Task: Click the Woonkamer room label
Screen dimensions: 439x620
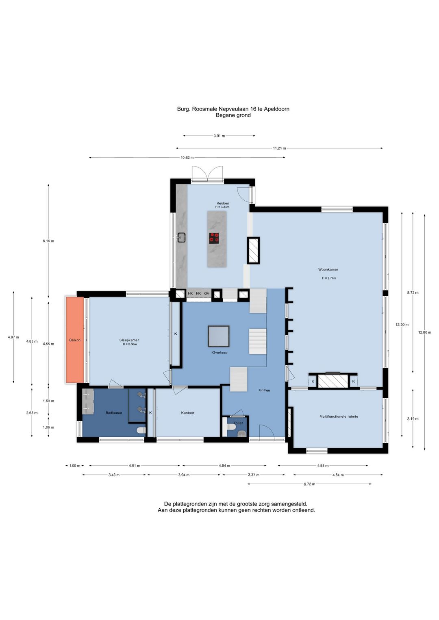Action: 328,269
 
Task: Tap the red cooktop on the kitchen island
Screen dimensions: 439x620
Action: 214,238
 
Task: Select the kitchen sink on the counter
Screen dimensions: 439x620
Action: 182,237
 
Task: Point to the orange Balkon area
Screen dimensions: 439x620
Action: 75,340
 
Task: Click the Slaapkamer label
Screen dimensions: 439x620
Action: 129,340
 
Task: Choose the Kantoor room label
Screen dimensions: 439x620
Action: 187,413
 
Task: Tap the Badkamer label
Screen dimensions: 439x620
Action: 114,413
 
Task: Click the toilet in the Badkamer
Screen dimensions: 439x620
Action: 141,430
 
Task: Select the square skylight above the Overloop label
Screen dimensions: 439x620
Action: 219,336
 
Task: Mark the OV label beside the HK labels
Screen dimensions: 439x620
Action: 206,293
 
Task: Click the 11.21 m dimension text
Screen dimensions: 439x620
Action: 280,148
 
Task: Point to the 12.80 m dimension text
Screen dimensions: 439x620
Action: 425,332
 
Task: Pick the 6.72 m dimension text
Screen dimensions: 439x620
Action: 309,484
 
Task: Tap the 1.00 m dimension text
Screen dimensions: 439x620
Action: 74,466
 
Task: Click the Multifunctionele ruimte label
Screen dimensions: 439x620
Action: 339,416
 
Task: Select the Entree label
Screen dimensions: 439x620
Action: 265,390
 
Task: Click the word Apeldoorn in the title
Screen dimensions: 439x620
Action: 276,109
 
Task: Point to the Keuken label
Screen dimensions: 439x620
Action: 223,203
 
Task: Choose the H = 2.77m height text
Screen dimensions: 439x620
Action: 329,278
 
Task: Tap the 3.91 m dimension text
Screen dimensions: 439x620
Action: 219,136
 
